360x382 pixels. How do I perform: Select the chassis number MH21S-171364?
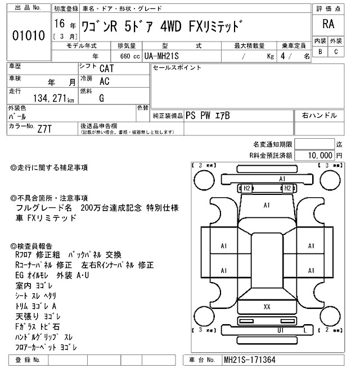(x=250, y=360)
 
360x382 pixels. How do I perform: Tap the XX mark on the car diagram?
(x=267, y=306)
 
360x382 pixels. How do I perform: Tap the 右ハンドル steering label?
(x=319, y=115)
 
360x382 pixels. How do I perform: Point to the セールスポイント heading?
(x=177, y=67)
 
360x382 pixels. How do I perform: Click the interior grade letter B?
(x=320, y=52)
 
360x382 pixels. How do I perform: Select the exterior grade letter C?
(x=336, y=52)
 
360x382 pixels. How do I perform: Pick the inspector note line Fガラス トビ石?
(x=37, y=326)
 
